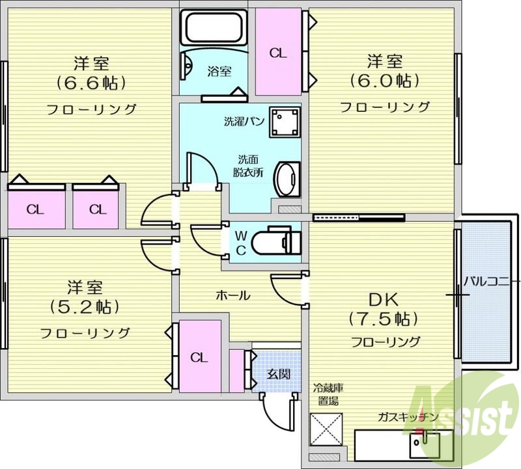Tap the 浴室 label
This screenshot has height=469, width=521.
219,72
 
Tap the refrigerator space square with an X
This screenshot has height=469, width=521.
326,430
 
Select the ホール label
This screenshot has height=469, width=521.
232,295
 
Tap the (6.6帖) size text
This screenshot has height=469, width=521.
91,83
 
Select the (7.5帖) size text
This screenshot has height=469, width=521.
382,319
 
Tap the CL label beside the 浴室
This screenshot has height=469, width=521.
278,53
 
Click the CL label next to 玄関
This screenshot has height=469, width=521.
199,357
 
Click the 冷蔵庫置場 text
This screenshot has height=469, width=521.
328,395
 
